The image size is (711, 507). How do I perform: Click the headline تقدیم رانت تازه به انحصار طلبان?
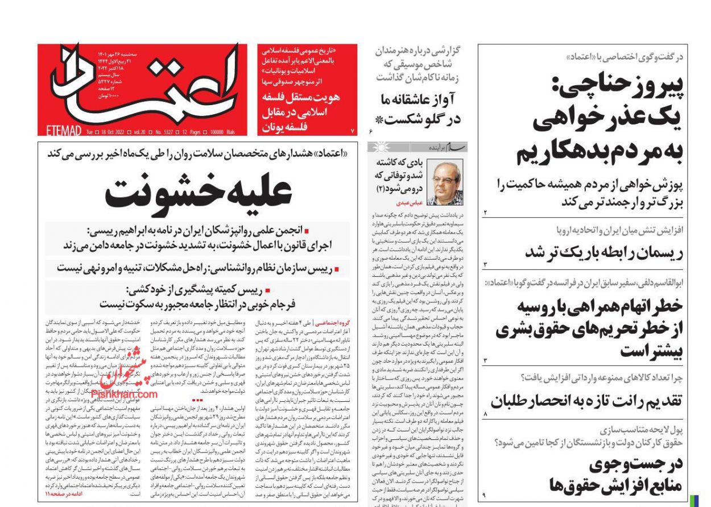[586, 401]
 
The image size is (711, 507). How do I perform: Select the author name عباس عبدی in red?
[408, 203]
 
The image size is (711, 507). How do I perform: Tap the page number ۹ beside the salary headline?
[484, 496]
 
